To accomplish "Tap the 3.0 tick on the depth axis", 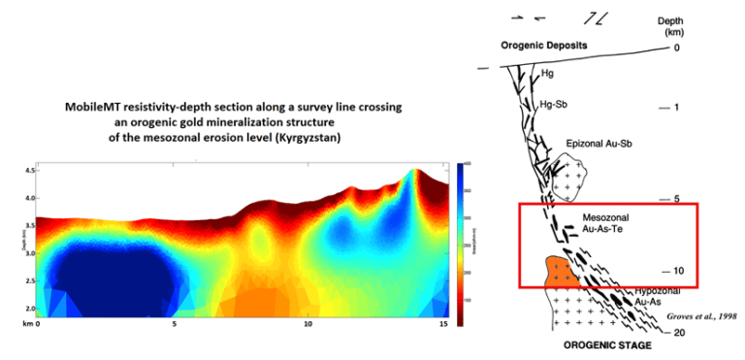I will click(27, 253).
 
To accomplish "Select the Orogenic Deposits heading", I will click(546, 46).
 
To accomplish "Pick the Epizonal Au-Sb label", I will click(601, 145).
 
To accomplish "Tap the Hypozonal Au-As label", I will click(660, 296).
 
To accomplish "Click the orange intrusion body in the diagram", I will click(562, 272).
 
